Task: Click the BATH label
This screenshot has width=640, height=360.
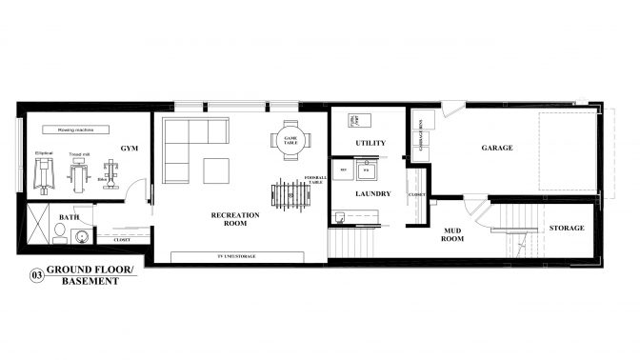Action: click(x=69, y=217)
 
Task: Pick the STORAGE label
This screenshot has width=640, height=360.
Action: click(x=566, y=229)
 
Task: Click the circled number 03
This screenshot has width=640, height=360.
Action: click(x=37, y=276)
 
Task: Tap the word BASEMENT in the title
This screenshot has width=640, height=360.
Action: click(x=84, y=282)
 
